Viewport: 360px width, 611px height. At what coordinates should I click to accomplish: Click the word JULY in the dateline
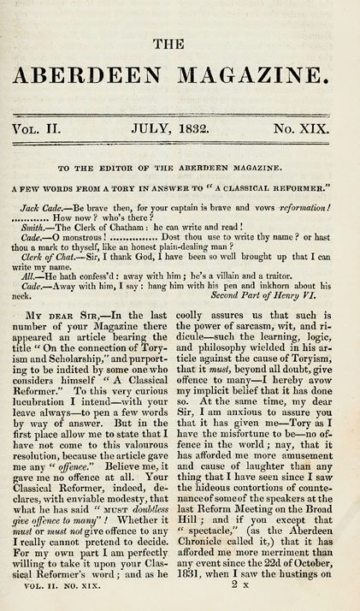[x=150, y=130]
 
